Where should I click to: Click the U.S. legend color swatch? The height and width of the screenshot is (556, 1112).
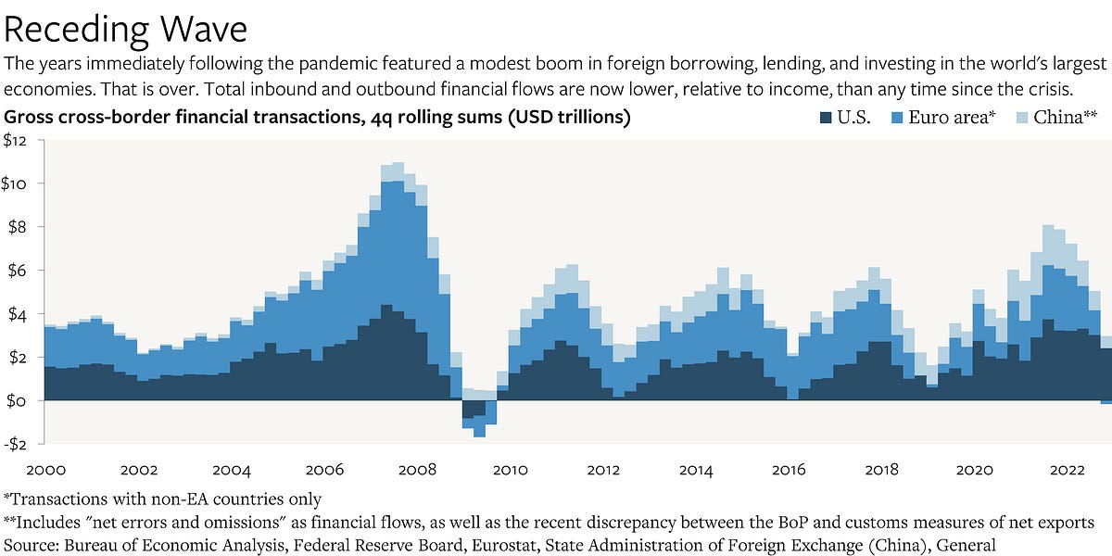pyautogui.click(x=824, y=118)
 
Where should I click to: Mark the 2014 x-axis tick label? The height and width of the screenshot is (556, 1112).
pyautogui.click(x=696, y=469)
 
